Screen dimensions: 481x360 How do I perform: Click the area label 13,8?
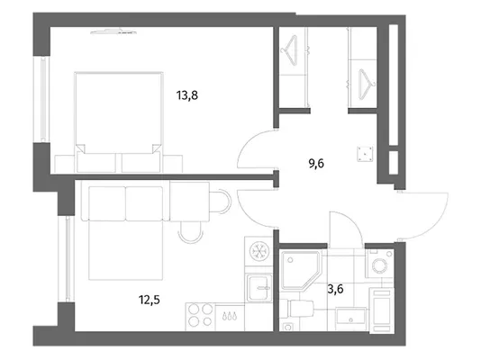click(187, 95)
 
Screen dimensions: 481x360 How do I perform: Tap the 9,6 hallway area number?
click(316, 164)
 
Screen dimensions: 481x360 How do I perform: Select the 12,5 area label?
click(150, 300)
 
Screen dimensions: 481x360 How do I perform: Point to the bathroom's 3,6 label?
click(335, 289)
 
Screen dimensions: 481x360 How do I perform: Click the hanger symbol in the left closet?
click(292, 50)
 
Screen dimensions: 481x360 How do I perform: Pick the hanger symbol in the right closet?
click(367, 85)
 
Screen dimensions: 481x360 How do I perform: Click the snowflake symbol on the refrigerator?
click(259, 251)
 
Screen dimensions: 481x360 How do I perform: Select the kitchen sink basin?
click(259, 288)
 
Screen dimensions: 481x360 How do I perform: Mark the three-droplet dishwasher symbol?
click(230, 317)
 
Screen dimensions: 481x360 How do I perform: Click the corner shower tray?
click(301, 270)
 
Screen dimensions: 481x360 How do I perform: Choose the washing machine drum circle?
click(380, 265)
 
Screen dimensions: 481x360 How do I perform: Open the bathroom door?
click(346, 229)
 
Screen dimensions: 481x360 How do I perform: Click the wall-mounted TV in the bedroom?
click(113, 31)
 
